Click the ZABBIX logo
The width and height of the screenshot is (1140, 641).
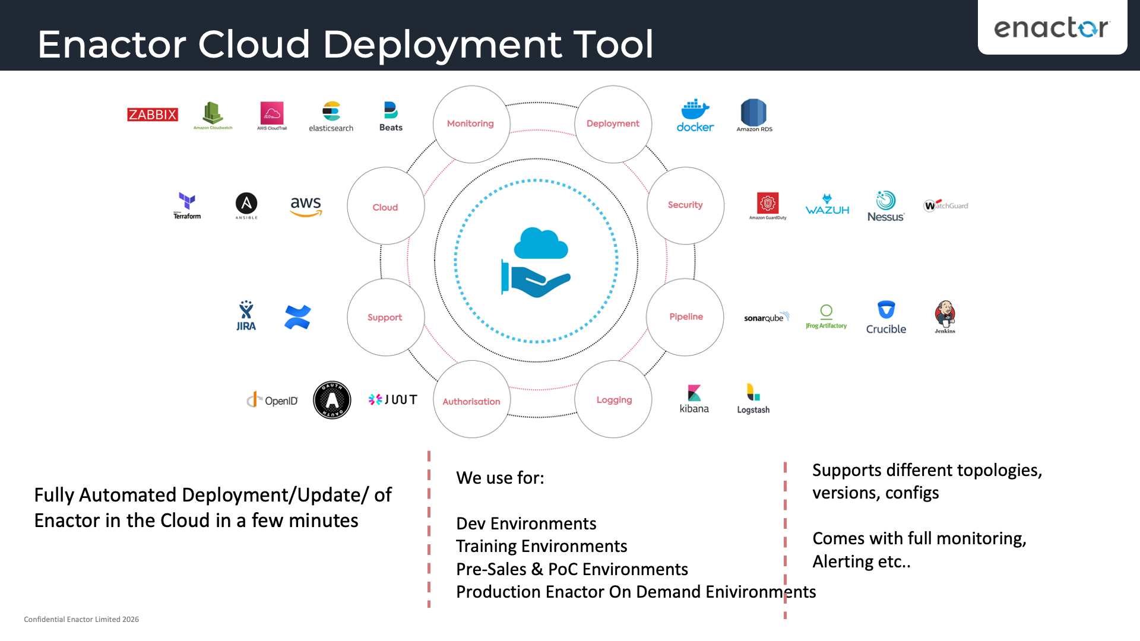point(153,115)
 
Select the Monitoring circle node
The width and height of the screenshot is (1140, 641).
point(471,123)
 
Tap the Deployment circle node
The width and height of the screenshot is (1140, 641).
point(613,123)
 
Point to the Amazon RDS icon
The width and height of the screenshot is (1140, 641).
point(753,115)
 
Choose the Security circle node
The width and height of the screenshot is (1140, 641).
point(685,205)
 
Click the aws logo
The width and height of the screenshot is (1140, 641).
point(306,206)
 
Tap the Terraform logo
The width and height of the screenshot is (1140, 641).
point(187,205)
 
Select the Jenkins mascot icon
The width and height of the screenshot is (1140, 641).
point(945,316)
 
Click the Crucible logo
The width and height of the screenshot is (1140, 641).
point(886,317)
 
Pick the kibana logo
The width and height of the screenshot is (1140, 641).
point(694,399)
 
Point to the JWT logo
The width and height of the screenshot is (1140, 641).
point(392,399)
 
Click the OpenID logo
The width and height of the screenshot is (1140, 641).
point(273,400)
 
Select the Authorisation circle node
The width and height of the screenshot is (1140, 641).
point(471,401)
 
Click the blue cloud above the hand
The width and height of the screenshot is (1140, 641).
point(540,244)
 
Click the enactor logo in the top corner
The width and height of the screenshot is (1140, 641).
point(1052,27)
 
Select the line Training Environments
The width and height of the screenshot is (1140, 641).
point(541,546)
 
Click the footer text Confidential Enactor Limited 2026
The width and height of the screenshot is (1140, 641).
point(81,619)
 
